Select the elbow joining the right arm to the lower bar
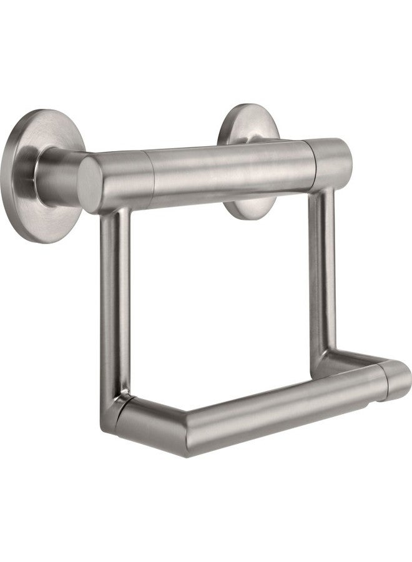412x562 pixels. [331, 362]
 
